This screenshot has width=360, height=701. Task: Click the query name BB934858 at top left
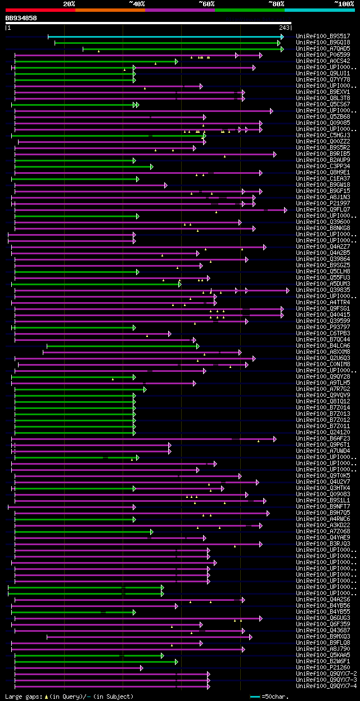(x=21, y=18)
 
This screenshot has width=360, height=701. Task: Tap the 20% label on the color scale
(x=69, y=3)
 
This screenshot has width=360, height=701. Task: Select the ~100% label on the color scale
(x=344, y=3)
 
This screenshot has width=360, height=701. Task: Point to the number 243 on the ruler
(x=284, y=28)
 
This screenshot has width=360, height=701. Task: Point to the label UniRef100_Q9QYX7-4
(x=326, y=686)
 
